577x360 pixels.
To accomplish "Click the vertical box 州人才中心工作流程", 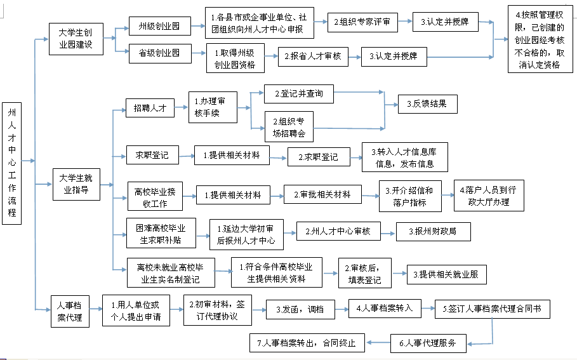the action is pos(12,163).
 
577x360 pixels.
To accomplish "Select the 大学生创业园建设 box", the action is pos(76,39).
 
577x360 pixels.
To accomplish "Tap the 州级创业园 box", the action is pos(160,26).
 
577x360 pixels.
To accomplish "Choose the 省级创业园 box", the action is pos(160,53).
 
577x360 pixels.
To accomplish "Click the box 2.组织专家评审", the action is pos(362,22).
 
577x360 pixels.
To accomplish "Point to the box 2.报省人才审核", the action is pos(313,57).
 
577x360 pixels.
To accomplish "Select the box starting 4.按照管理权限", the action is pos(540,39).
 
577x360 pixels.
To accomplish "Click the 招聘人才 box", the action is pos(150,108).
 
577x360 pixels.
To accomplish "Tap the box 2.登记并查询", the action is pos(299,94).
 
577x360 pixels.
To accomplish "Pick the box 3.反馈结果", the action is pos(428,104).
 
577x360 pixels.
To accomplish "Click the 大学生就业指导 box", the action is pos(77,184).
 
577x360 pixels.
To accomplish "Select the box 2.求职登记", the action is pos(319,157).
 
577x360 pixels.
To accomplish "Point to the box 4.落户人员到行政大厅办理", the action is pos(489,196).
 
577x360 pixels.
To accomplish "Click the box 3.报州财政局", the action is pos(433,232).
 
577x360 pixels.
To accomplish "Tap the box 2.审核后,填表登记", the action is pos(365,273).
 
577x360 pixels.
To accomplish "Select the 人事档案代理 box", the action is pos(70,311).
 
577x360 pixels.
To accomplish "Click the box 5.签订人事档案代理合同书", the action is pos(493,309).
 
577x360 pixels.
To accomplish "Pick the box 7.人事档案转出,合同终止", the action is pos(307,343).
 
